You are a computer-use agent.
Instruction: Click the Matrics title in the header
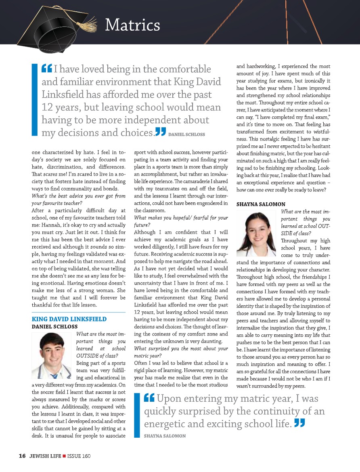[132, 25]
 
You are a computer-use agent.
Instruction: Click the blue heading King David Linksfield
[69, 319]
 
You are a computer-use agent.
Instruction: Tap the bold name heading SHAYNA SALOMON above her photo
[261, 204]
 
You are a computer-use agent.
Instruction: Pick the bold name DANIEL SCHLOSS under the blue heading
[54, 326]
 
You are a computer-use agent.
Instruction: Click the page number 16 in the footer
[22, 456]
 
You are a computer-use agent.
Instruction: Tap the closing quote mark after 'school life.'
[299, 423]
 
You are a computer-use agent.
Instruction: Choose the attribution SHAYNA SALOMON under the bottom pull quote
[165, 436]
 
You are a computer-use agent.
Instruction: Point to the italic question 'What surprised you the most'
[181, 348]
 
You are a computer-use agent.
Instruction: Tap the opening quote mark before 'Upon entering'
[149, 398]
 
